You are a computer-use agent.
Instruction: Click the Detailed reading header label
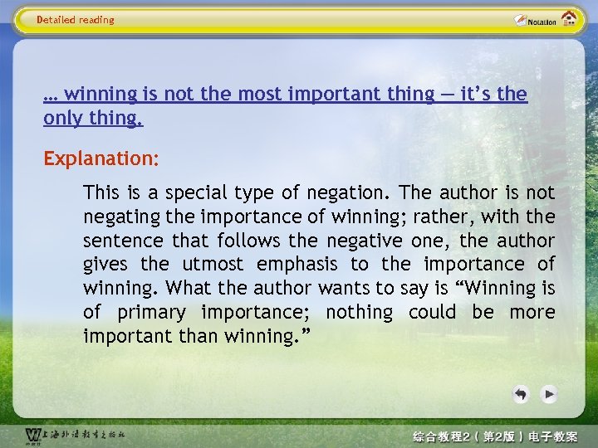point(76,20)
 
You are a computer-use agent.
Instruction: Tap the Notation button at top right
point(535,21)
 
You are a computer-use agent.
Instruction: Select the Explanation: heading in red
point(101,158)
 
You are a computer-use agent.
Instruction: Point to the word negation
point(347,193)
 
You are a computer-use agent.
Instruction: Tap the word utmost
point(213,265)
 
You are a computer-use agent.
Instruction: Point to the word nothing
point(359,313)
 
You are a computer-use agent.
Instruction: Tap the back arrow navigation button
point(521,394)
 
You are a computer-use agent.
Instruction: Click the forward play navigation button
point(548,394)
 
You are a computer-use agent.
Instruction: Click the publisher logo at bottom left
point(75,435)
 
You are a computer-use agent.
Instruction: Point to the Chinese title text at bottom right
point(495,436)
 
